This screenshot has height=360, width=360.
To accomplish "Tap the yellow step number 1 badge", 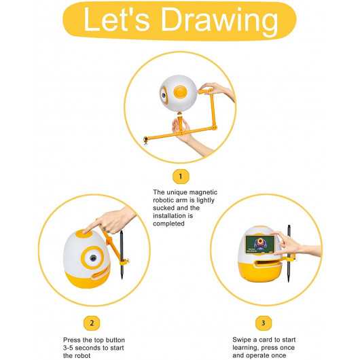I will [180, 177].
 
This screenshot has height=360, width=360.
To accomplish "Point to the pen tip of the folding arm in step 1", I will [145, 141].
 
